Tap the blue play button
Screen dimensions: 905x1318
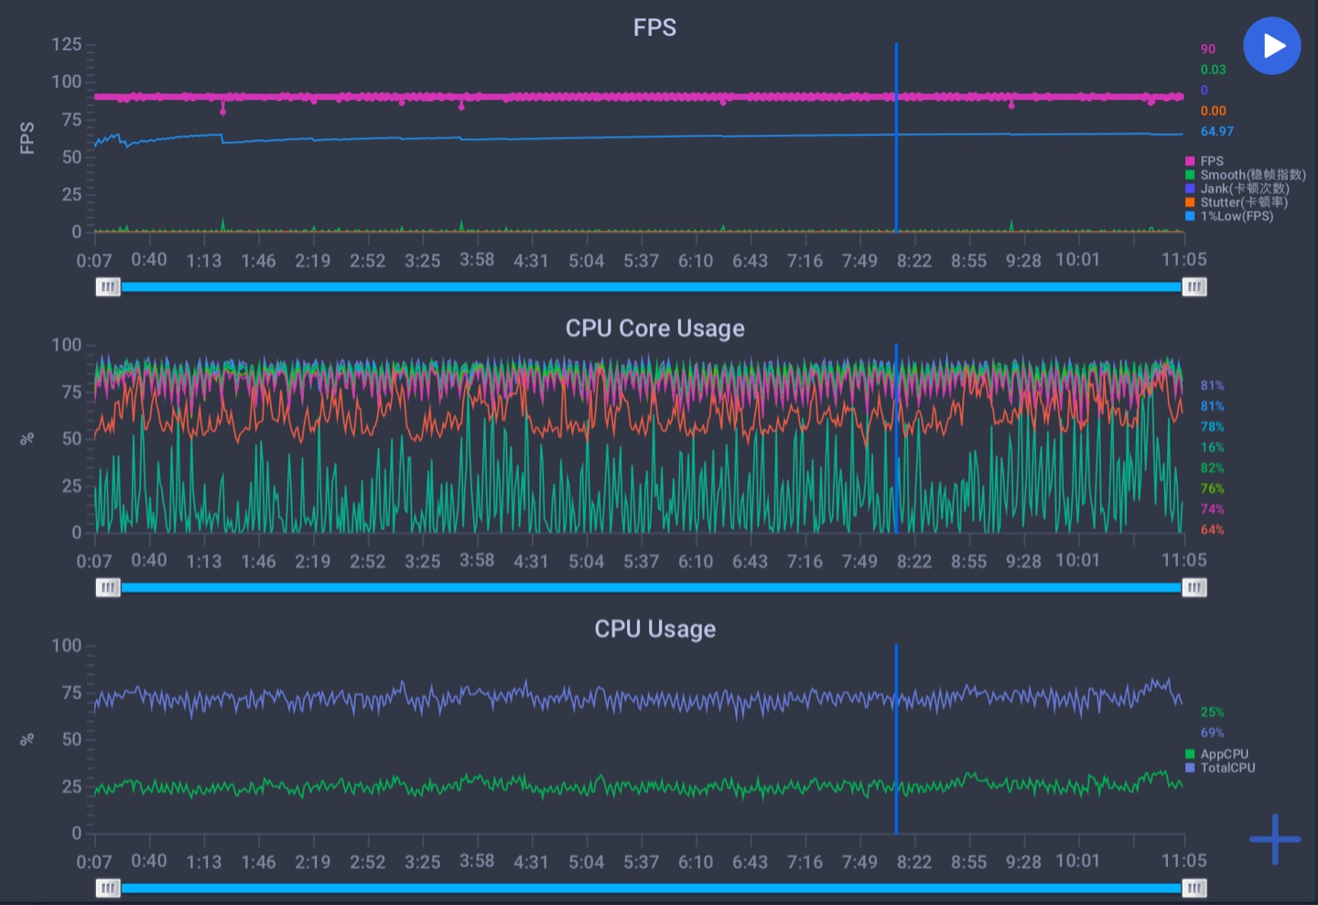pos(1271,46)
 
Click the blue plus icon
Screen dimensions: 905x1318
pos(1274,839)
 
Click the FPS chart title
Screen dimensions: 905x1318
pos(654,27)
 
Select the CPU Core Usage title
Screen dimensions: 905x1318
pos(654,328)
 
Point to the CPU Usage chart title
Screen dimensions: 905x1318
pos(654,628)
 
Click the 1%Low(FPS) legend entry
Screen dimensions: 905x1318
pos(1236,216)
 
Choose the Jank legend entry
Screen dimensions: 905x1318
pos(1243,189)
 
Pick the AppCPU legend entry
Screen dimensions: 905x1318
pos(1224,754)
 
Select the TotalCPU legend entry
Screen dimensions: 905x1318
pos(1226,768)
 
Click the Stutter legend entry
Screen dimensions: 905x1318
pos(1243,202)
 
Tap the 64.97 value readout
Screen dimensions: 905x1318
pos(1216,131)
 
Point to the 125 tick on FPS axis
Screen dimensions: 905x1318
pos(66,45)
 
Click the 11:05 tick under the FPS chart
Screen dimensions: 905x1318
pos(1183,260)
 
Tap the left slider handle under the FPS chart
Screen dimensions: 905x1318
pos(108,287)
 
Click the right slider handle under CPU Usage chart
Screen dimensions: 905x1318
pos(1194,888)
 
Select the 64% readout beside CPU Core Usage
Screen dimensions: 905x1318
pos(1212,529)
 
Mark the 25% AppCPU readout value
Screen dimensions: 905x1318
pos(1212,712)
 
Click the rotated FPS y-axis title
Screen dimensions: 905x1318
pos(27,137)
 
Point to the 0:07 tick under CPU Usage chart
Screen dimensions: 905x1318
pos(93,862)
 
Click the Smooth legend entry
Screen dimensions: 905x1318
pos(1251,175)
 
